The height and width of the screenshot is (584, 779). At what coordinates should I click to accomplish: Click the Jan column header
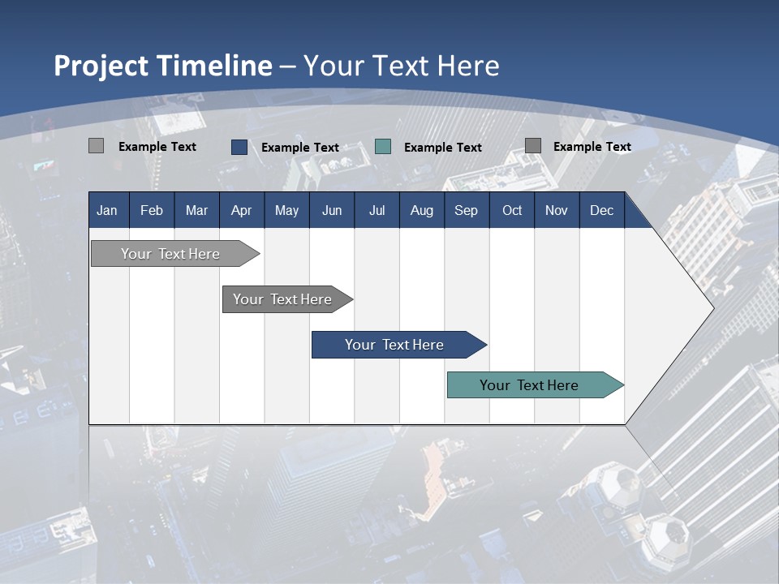[x=107, y=210]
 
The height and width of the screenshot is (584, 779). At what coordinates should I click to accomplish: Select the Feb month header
[x=152, y=210]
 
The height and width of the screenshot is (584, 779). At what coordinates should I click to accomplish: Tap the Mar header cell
[x=196, y=210]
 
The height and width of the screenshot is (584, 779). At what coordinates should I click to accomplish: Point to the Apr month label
[x=241, y=210]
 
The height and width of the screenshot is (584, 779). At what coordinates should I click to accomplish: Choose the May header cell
[x=286, y=210]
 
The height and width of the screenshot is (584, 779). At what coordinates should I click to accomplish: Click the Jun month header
[x=332, y=210]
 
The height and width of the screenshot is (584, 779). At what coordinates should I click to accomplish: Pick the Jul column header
[x=377, y=210]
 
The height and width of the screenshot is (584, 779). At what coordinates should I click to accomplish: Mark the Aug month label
[x=422, y=210]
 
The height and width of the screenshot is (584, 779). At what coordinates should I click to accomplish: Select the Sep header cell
[x=467, y=210]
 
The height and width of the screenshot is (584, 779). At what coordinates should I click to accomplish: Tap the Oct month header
[x=512, y=210]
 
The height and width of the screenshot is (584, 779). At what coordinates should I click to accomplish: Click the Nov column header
[x=557, y=210]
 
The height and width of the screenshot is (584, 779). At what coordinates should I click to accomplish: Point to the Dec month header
[x=602, y=210]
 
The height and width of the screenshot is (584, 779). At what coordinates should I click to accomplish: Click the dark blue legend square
[x=239, y=147]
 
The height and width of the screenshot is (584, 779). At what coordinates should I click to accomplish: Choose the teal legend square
[x=383, y=147]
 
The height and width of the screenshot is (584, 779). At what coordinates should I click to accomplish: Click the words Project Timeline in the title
[x=162, y=66]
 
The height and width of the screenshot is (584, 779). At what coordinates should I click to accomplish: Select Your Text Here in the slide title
[x=402, y=66]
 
